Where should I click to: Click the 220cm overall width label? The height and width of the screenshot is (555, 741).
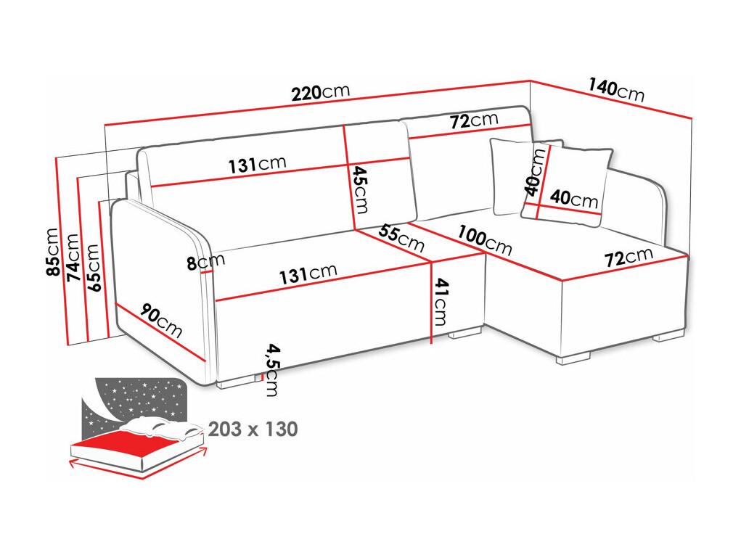point(320,92)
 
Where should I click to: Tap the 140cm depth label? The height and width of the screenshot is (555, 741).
point(616,90)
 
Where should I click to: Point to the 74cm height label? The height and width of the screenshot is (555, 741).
point(73,258)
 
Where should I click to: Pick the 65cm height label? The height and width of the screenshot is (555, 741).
point(93,268)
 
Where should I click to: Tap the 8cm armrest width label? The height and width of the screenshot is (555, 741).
point(205,262)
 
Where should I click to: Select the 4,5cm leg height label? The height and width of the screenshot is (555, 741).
point(272,370)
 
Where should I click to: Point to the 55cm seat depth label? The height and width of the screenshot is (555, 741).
point(401,238)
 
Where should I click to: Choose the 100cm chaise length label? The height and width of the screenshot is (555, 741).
point(484,240)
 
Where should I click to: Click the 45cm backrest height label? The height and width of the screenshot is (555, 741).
point(361,189)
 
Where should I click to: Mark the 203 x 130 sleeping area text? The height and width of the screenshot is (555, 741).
point(253,429)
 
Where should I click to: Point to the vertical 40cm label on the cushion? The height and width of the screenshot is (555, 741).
point(535,171)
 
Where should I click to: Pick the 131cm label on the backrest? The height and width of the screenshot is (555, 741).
point(258,164)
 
